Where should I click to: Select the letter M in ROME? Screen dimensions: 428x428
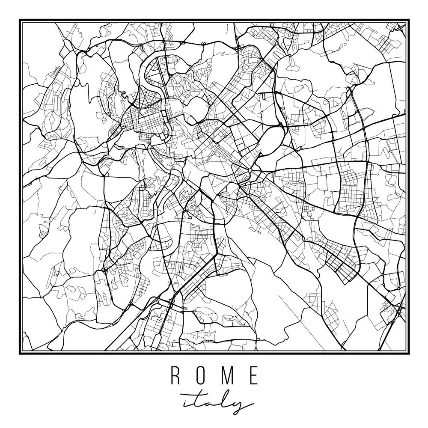pyautogui.click(x=228, y=375)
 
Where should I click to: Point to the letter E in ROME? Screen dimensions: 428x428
pyautogui.click(x=254, y=375)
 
